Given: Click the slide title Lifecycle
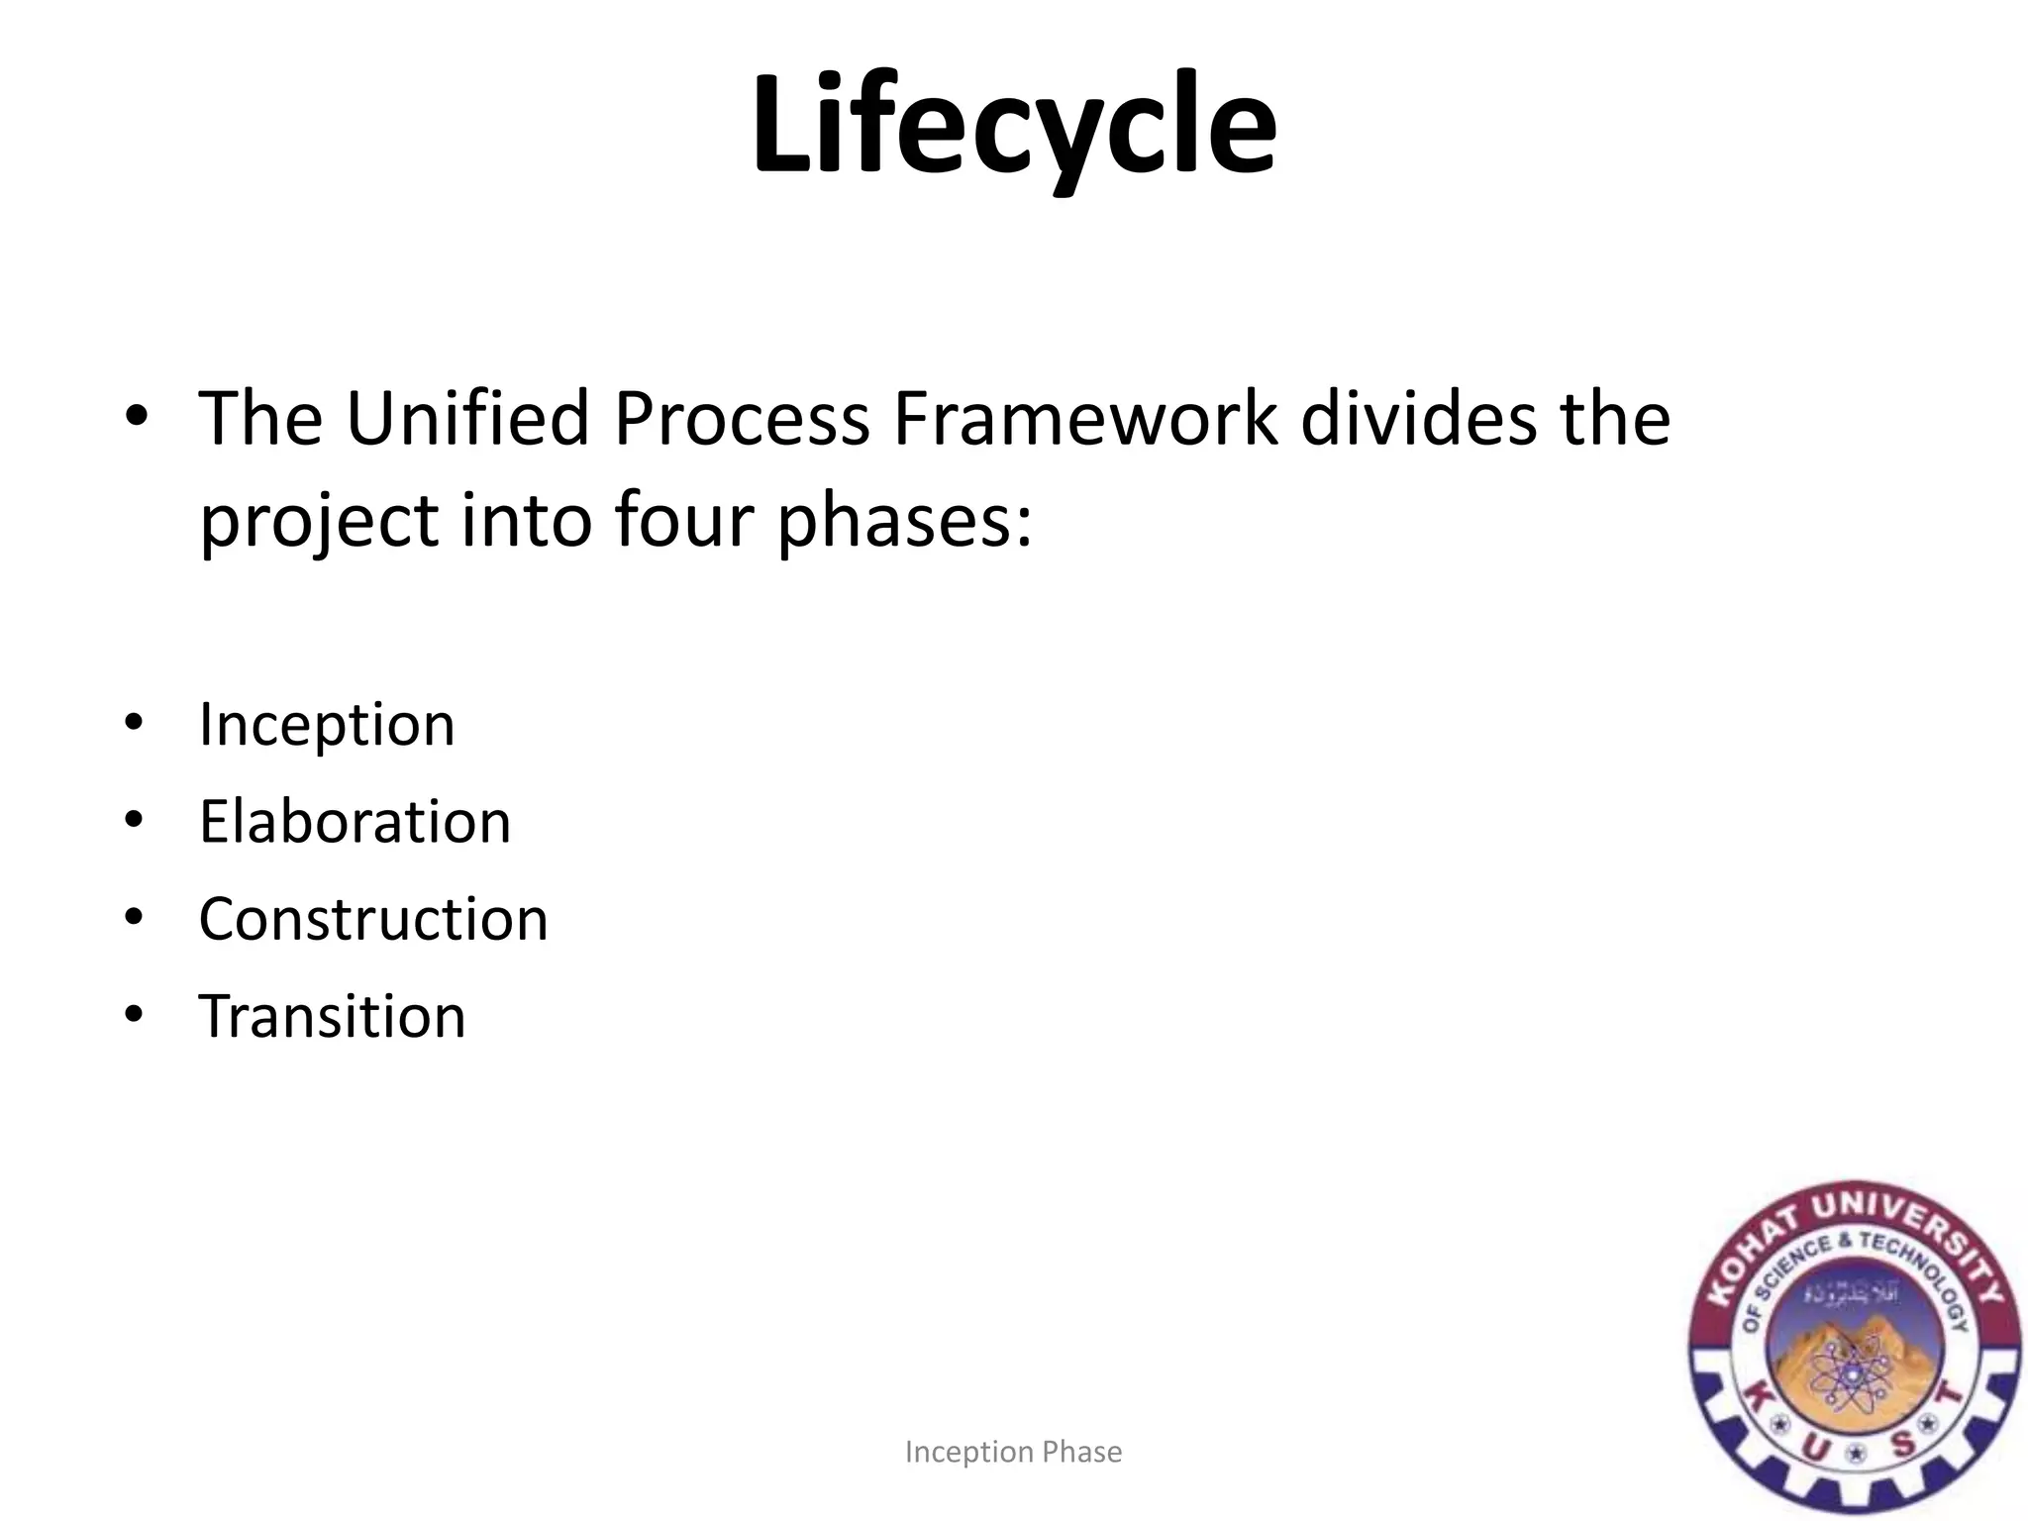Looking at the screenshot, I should pyautogui.click(x=1013, y=127).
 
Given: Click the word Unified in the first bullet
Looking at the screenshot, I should pyautogui.click(x=467, y=418).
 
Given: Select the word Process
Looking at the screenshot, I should pyautogui.click(x=741, y=418).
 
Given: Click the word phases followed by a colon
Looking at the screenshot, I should pyautogui.click(x=903, y=521).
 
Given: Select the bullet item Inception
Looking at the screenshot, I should pyautogui.click(x=327, y=725).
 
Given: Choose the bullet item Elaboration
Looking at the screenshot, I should pyautogui.click(x=355, y=822).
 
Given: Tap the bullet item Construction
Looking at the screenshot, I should pyautogui.click(x=372, y=919).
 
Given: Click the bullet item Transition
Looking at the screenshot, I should pyautogui.click(x=332, y=1016).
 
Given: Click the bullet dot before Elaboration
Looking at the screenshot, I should pyautogui.click(x=135, y=820).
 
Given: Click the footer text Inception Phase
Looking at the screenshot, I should pyautogui.click(x=1013, y=1452).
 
